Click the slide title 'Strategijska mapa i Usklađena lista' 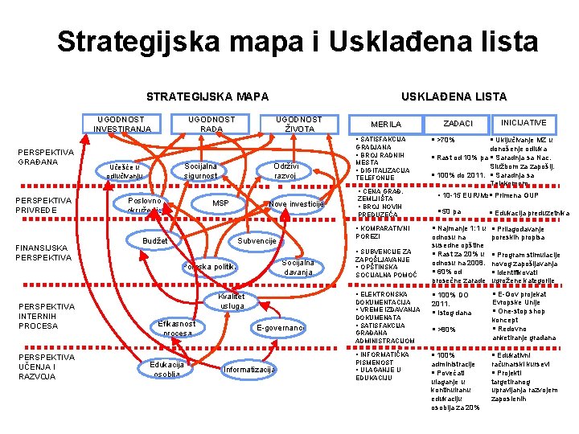tap(298, 41)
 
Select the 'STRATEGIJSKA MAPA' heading tap(207, 97)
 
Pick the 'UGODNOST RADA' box tap(211, 124)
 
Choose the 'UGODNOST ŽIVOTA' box tap(298, 124)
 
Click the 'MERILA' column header tap(385, 124)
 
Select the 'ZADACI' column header tap(458, 124)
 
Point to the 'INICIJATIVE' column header tap(524, 123)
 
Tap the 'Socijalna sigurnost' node tap(200, 170)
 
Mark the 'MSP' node tap(220, 203)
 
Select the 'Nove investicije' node tap(297, 203)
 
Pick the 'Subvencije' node tap(258, 241)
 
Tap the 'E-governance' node tap(280, 328)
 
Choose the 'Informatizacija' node tap(249, 370)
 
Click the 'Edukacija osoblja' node tap(167, 369)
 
